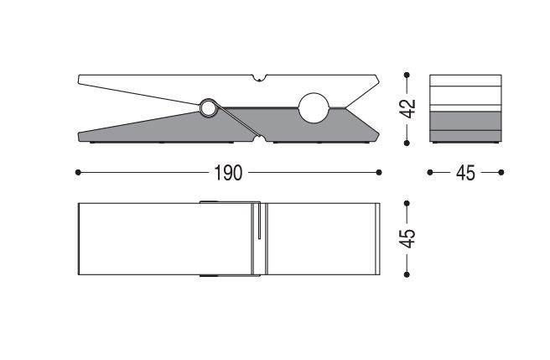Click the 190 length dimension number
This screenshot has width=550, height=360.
point(228,173)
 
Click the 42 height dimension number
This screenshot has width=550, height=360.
point(408,108)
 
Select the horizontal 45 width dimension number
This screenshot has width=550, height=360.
point(465,173)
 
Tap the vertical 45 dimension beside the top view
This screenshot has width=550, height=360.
point(408,238)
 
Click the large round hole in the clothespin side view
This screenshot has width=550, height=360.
point(314,107)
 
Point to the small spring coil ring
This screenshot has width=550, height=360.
point(208,108)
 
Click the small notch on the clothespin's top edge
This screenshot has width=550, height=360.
point(259,77)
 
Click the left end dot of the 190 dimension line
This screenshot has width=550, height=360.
point(78,173)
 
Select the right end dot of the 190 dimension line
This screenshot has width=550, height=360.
point(379,173)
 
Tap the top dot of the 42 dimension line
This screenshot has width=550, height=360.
point(407,75)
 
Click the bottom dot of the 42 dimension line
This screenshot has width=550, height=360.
point(407,143)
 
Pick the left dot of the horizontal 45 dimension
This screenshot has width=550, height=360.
point(430,173)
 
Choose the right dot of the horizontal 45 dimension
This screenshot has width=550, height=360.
point(501,173)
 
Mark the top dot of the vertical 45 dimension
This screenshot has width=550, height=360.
point(407,203)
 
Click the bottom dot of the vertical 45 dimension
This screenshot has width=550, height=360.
point(407,274)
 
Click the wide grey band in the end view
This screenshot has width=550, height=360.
point(465,121)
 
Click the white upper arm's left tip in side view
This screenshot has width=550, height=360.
point(79,79)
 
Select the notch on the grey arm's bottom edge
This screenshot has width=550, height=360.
point(260,139)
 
